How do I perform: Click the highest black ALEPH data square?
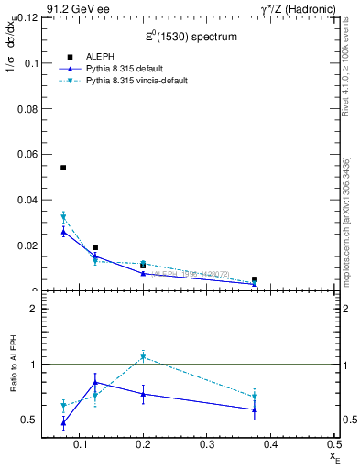(63, 168)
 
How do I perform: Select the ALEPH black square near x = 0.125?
(95, 247)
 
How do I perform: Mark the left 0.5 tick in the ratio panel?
(30, 420)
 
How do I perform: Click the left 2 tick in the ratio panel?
(33, 309)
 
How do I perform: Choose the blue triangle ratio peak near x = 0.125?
(95, 382)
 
